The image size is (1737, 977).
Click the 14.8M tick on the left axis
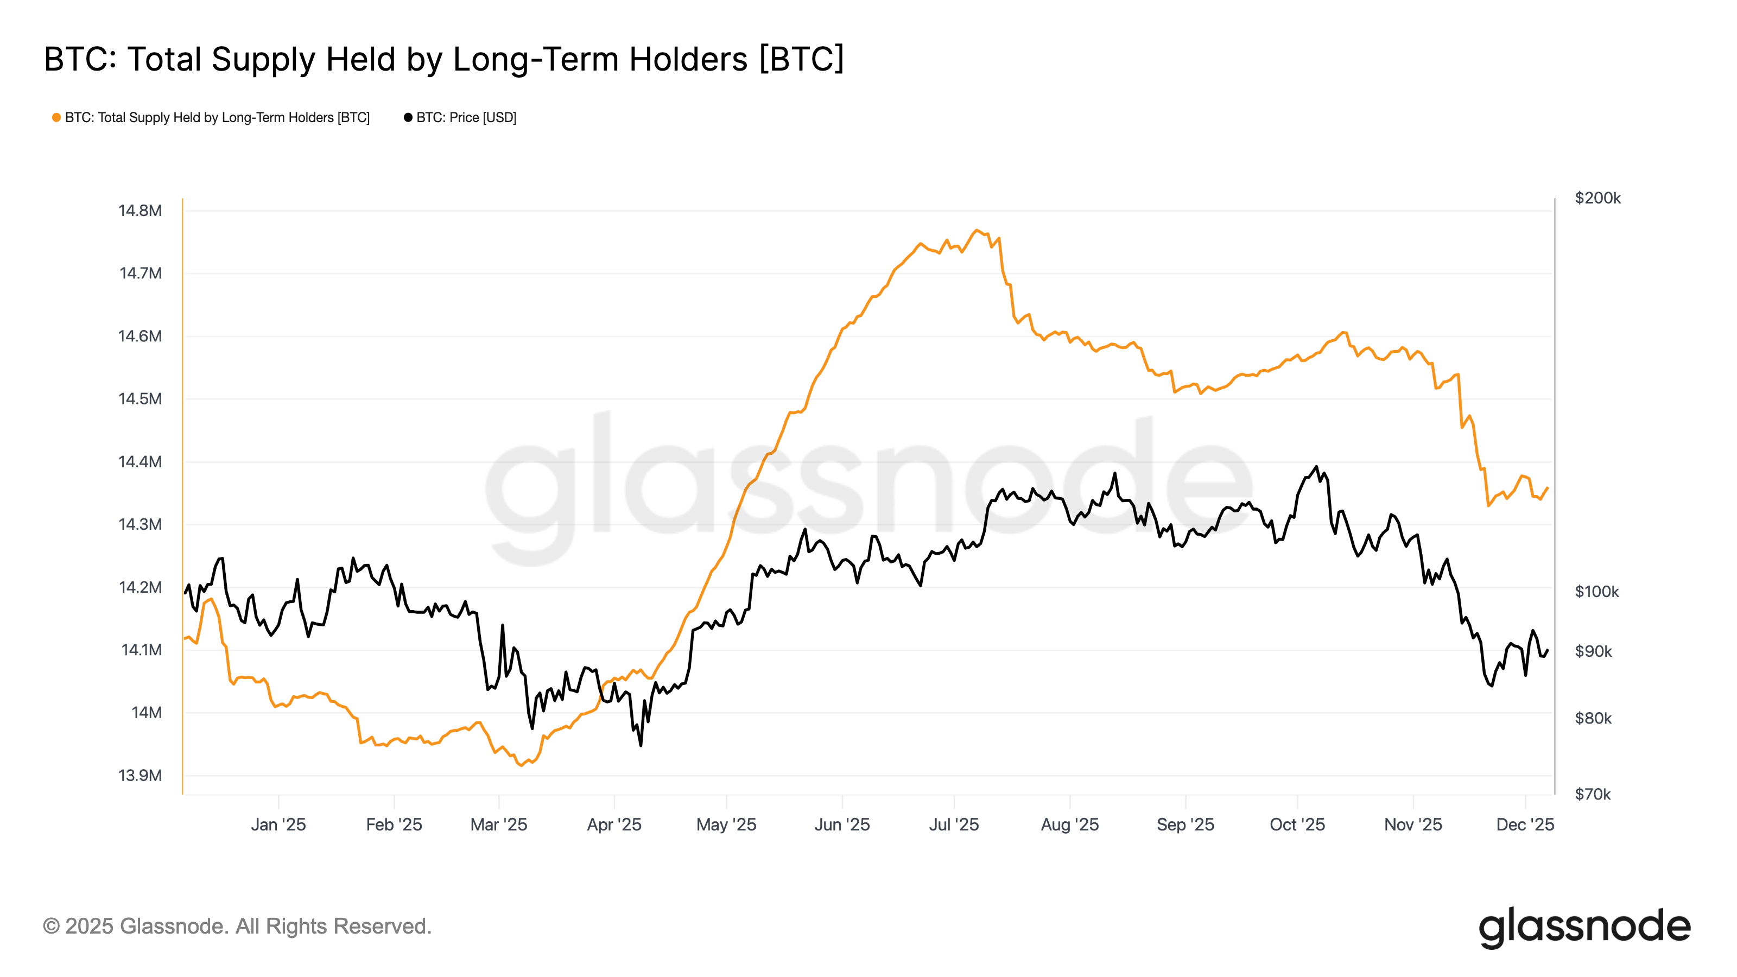click(x=140, y=211)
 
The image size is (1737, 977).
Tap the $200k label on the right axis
click(x=1597, y=198)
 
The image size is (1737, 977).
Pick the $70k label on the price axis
click(x=1592, y=794)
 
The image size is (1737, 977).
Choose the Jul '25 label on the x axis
click(x=954, y=824)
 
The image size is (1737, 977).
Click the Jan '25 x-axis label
click(x=278, y=824)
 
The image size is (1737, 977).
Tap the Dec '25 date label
click(x=1525, y=824)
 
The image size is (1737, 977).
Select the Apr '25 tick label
click(x=613, y=824)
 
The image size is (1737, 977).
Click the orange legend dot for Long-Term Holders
click(x=56, y=117)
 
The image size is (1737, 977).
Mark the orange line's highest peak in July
click(x=977, y=230)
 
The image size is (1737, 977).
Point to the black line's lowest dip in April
click(x=640, y=745)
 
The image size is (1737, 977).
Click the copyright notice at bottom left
click(x=237, y=926)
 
